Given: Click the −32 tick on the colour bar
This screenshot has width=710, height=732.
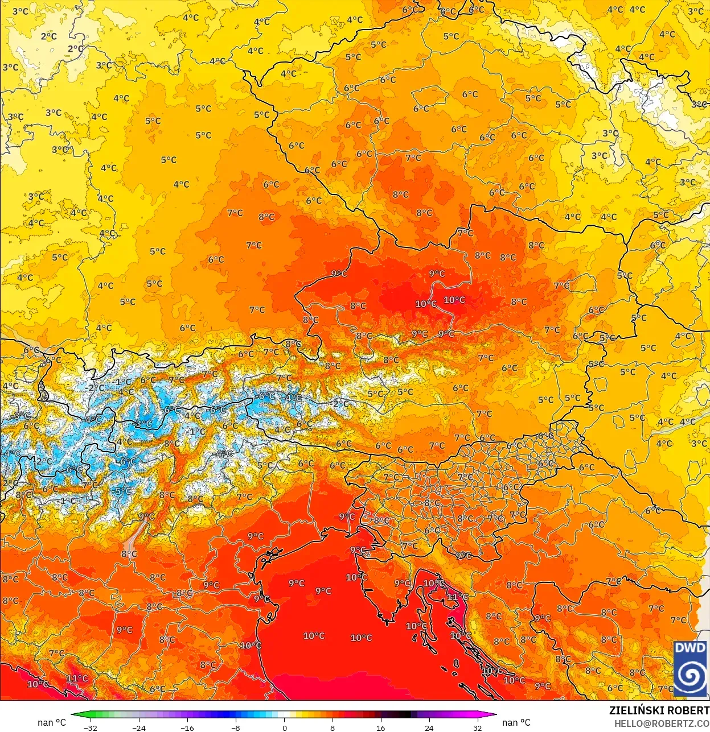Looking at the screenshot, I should tap(90, 727).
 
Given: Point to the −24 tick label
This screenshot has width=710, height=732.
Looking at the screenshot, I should tap(138, 727).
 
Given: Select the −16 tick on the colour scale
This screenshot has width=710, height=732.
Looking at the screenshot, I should tap(187, 727).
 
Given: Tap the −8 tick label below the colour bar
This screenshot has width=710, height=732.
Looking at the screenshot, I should tap(236, 727).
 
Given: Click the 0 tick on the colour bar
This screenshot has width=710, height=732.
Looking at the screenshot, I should tap(284, 727).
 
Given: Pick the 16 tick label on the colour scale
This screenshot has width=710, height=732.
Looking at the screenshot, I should tap(380, 727).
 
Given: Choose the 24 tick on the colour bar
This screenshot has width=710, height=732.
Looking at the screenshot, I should tap(429, 727).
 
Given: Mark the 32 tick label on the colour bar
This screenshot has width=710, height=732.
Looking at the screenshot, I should tap(477, 727).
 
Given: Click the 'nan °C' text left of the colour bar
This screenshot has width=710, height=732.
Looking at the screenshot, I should tap(52, 722).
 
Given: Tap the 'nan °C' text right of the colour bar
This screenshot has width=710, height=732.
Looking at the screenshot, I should tap(516, 722).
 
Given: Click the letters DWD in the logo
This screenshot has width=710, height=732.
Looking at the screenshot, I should tap(690, 648).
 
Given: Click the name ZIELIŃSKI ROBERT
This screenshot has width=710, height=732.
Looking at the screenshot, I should tap(659, 710).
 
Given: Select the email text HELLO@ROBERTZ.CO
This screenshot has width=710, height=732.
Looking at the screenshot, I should tap(662, 723).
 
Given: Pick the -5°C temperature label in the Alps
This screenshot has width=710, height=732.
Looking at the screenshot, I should tap(123, 491).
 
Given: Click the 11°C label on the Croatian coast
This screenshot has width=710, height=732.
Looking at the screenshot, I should tap(457, 597).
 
